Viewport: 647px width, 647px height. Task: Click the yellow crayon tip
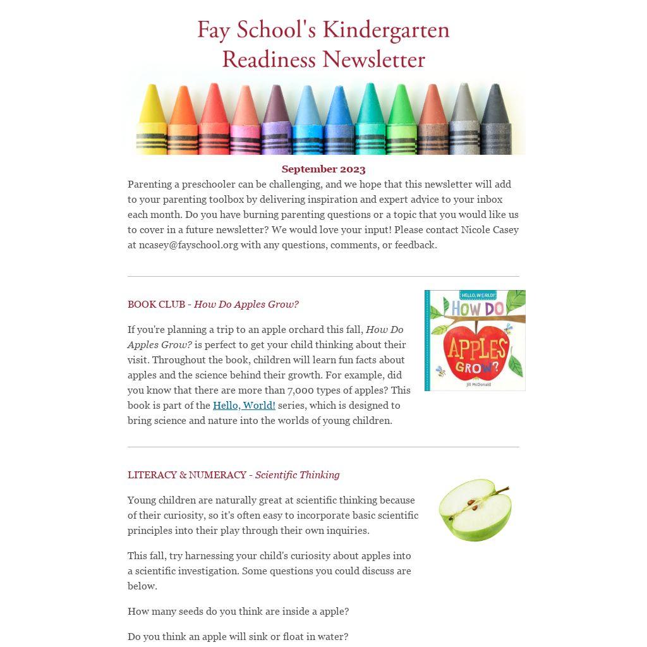pos(151,95)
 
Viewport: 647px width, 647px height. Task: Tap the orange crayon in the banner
pos(183,120)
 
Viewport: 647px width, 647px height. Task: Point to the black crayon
pos(495,120)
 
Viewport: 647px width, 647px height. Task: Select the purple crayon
pos(276,120)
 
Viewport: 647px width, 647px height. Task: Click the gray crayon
pos(464,120)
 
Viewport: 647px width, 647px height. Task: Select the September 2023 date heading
pos(323,169)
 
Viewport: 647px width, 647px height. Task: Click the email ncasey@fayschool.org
pos(188,245)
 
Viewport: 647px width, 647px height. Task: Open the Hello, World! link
pos(244,406)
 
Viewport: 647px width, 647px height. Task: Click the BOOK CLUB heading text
pos(156,305)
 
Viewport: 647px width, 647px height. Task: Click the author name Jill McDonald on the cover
pos(478,384)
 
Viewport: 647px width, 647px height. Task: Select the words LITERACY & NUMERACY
pos(187,475)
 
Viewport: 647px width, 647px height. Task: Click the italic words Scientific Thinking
pos(297,475)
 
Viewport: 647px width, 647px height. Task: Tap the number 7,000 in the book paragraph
pos(302,390)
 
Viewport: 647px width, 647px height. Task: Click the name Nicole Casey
pos(490,230)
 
